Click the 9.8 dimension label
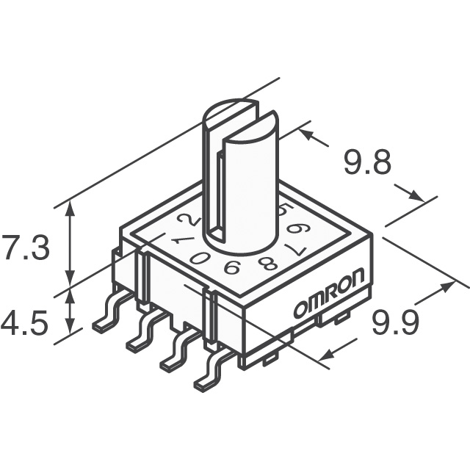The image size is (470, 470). click(368, 162)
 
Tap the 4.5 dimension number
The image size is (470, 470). click(24, 324)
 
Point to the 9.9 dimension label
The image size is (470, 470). click(395, 323)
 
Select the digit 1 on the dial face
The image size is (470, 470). click(184, 240)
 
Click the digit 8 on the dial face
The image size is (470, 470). click(267, 264)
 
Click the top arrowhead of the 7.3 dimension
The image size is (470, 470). click(70, 207)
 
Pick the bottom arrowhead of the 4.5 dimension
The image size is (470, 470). click(70, 327)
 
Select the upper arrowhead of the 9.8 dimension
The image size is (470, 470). click(306, 134)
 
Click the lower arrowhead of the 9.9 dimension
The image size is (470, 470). click(325, 355)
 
